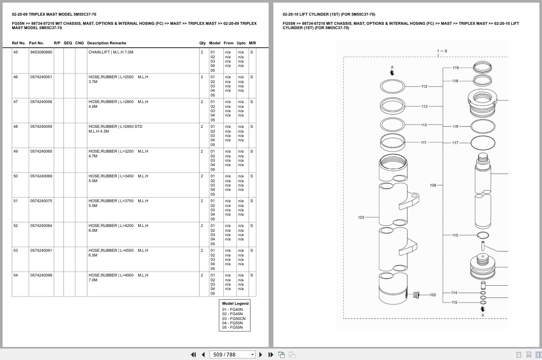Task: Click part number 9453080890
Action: click(41, 52)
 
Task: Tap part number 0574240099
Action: click(41, 275)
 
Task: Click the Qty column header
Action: click(202, 43)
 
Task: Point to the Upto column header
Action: click(241, 43)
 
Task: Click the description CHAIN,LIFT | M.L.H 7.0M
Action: click(111, 52)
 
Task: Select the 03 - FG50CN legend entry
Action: click(234, 319)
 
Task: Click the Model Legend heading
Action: click(235, 303)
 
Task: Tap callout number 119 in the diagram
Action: click(456, 68)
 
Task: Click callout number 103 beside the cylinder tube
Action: click(361, 217)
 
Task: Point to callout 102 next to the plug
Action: click(433, 295)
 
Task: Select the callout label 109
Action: click(433, 185)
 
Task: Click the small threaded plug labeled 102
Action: click(416, 295)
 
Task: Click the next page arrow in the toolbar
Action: click(261, 355)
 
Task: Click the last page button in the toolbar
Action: click(271, 355)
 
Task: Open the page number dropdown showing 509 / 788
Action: click(232, 355)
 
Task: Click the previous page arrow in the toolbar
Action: click(203, 355)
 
